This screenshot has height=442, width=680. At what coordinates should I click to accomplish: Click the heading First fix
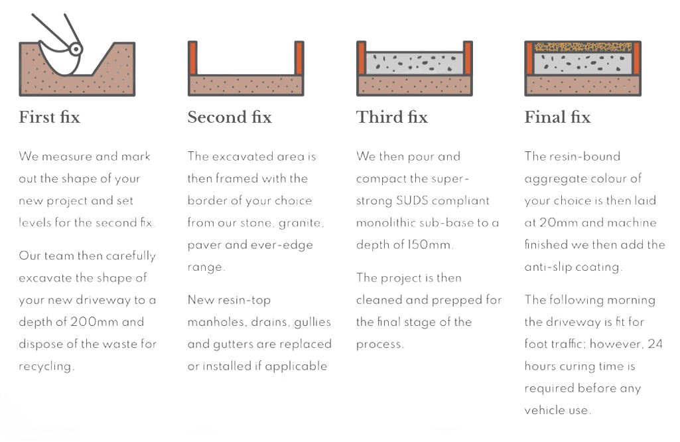[x=50, y=117]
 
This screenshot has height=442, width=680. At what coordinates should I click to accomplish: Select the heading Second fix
[x=230, y=117]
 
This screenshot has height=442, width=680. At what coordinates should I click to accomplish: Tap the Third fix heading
[x=392, y=117]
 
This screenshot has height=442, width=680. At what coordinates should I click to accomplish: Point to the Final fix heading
[x=557, y=117]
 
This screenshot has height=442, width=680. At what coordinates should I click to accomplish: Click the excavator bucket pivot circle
[x=76, y=48]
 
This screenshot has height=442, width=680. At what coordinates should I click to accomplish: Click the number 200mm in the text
[x=98, y=323]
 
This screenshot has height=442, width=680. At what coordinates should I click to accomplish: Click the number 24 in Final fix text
[x=655, y=344]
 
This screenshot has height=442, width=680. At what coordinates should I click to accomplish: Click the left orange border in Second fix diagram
[x=194, y=58]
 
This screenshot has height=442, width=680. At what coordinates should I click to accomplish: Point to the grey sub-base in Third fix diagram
[x=415, y=64]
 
